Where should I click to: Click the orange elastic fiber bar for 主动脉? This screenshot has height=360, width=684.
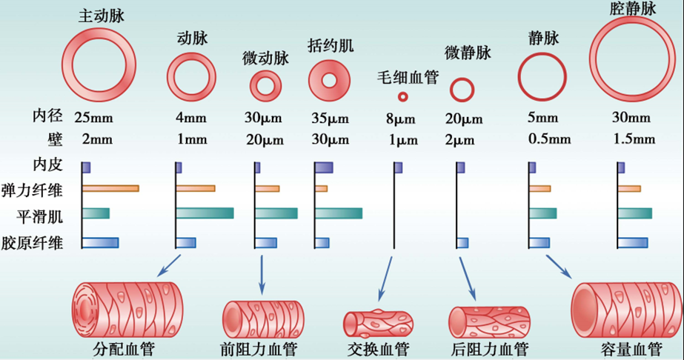[x=110, y=188]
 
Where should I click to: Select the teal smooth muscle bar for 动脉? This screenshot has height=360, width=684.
[x=205, y=213]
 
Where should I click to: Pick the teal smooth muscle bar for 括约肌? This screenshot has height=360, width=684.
[x=339, y=213]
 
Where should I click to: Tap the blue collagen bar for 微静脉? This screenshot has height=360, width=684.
[x=462, y=242]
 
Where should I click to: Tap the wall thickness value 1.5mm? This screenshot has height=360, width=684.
[x=635, y=139]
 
